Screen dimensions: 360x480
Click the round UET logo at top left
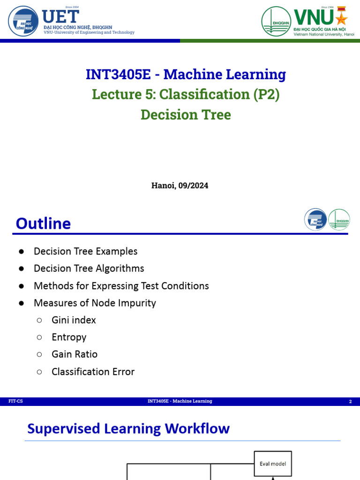coord(23,21)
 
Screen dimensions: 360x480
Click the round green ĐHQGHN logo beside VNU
coord(276,22)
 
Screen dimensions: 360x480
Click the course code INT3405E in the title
coord(118,75)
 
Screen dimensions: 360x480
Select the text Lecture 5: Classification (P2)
coord(186,94)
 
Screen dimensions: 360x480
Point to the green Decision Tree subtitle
coord(186,115)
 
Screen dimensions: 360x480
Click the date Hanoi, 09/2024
coord(180,186)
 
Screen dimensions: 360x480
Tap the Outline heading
coord(43,224)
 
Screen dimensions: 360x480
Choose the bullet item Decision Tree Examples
coord(86,251)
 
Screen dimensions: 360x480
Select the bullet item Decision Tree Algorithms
coord(89,269)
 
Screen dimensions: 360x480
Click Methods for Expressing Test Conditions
coord(121,286)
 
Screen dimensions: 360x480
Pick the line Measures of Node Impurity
coord(95,303)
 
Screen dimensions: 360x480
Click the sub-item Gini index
coord(74,320)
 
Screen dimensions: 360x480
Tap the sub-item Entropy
coord(69,337)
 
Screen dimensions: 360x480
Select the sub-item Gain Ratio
coord(75,354)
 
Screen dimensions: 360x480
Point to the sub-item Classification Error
coord(93,372)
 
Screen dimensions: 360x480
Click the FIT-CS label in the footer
coord(15,401)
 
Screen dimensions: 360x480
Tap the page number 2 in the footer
coord(351,401)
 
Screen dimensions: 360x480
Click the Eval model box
coord(273,464)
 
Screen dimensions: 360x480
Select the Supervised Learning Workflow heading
coord(128,428)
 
